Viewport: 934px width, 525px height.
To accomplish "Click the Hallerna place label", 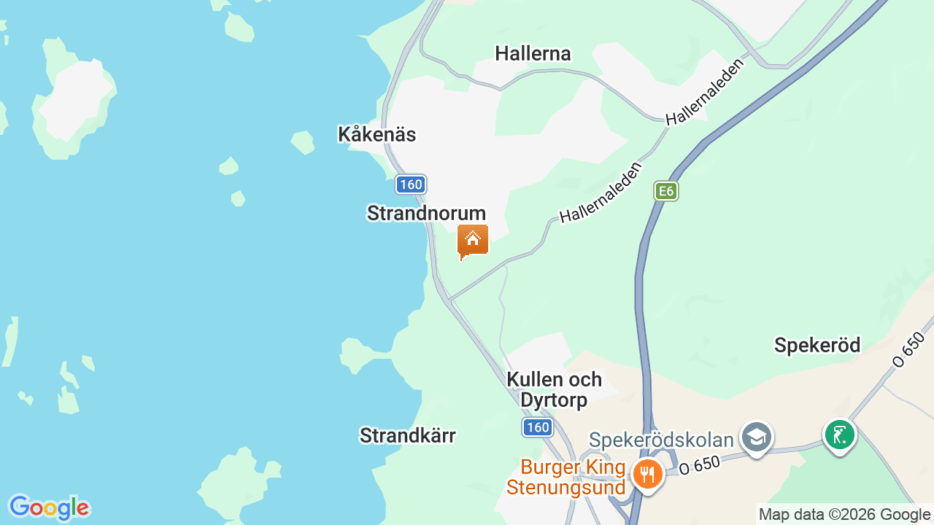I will [533, 53].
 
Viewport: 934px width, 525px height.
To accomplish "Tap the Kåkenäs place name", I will [377, 134].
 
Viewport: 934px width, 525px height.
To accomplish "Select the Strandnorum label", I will [426, 213].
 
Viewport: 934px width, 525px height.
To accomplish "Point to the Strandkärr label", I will [407, 435].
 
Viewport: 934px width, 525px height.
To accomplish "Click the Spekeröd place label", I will [817, 345].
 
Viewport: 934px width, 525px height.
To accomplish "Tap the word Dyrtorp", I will [553, 400].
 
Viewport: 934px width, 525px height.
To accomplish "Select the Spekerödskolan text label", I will [661, 440].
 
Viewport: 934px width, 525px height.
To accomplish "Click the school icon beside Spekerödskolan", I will [756, 437].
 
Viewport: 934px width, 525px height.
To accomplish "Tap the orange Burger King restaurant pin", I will [647, 474].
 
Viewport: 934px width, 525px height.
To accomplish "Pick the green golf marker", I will [839, 435].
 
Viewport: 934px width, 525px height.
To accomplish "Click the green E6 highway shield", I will [665, 191].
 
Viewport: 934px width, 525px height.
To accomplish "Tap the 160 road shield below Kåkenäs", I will [411, 184].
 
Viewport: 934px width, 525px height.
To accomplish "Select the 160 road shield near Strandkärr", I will [538, 427].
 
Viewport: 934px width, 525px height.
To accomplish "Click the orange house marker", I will [472, 240].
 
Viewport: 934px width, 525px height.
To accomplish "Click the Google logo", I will [48, 507].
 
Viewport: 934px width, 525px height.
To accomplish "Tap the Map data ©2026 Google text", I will [845, 515].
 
